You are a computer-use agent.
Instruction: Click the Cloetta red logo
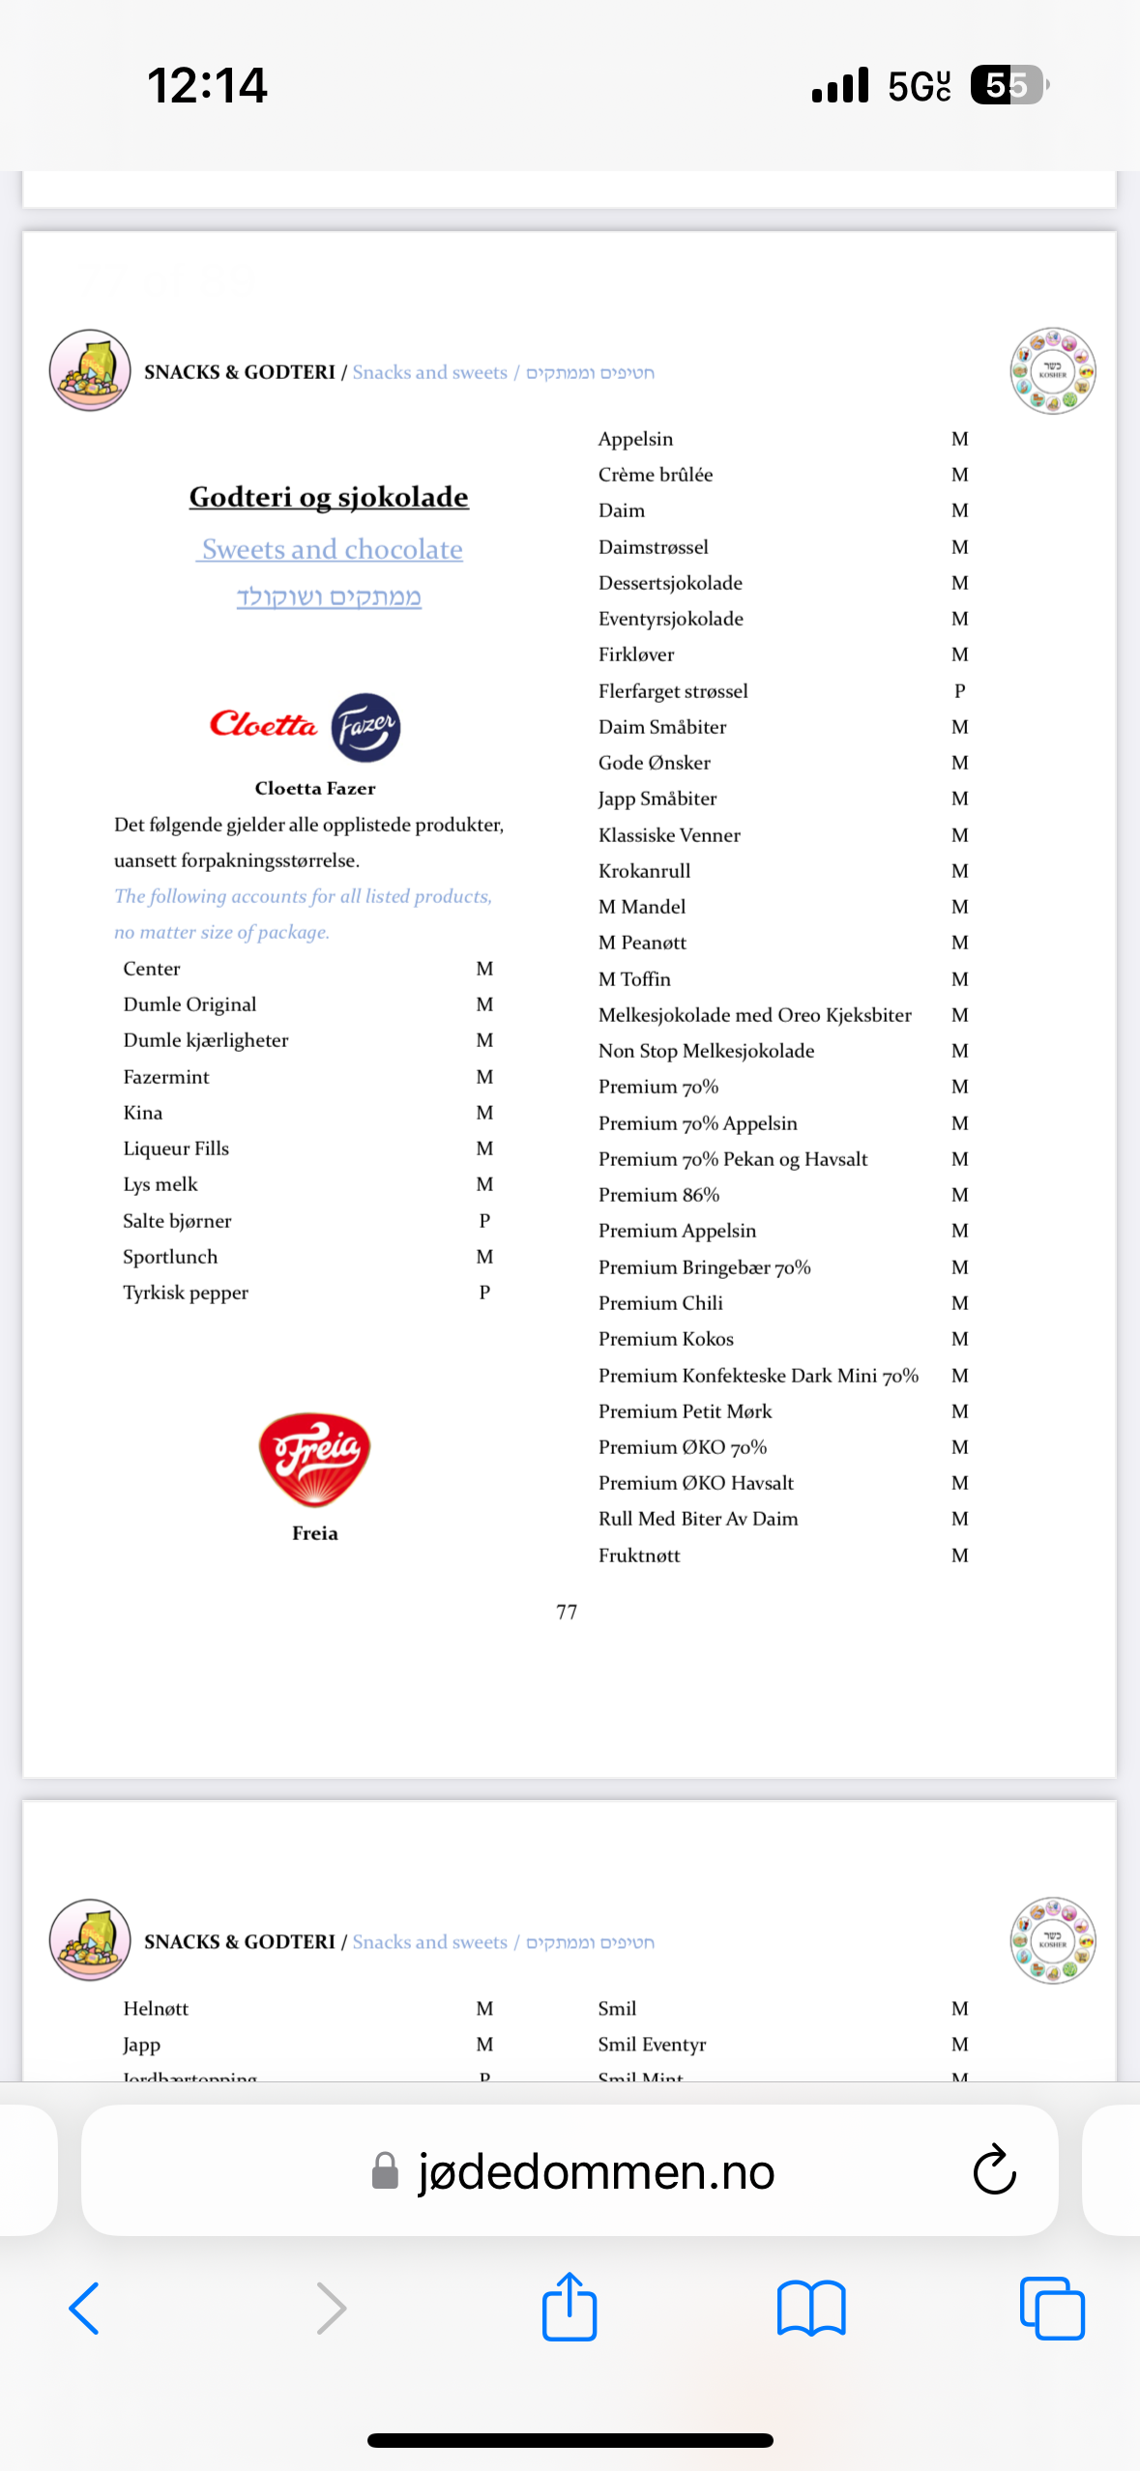[263, 724]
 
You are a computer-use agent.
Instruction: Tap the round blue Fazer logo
[365, 727]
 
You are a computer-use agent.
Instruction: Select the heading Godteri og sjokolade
[329, 497]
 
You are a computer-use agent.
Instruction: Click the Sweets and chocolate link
[332, 549]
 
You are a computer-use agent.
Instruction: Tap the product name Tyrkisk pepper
[186, 1293]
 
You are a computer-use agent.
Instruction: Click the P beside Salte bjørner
[484, 1221]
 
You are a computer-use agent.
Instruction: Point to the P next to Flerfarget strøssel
[959, 691]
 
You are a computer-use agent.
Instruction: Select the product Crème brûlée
[656, 475]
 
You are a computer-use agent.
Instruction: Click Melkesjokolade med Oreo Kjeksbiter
[754, 1015]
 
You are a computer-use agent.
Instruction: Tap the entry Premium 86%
[658, 1195]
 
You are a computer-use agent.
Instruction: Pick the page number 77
[567, 1612]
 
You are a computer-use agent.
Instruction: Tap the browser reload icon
[994, 2170]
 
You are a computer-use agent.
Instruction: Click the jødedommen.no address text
[596, 2171]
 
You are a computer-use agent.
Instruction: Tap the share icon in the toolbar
[570, 2307]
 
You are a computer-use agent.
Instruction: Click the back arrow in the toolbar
[85, 2309]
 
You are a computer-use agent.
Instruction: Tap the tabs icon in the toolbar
[1052, 2309]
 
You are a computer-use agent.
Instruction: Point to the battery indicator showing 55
[1008, 85]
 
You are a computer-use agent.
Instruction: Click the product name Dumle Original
[190, 1004]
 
